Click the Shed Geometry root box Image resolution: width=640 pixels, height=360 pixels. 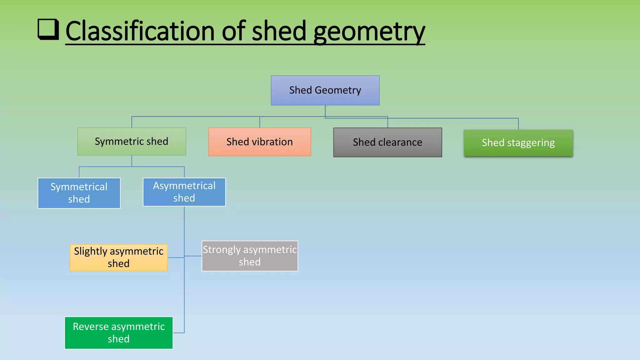coord(325,90)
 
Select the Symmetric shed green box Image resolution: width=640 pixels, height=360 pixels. coord(132,142)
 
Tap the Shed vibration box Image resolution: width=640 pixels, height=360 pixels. coord(259,142)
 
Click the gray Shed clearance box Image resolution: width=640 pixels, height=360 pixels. coord(387,142)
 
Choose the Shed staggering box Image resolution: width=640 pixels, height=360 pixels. coord(518,143)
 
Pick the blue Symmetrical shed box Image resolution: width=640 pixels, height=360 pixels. coord(79,193)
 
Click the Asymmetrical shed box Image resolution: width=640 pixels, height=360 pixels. coord(184,192)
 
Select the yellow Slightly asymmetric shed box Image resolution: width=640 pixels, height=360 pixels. coord(119,257)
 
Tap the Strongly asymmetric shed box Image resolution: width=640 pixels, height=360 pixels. coord(250,256)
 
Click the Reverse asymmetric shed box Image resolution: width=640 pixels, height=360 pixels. coord(119,333)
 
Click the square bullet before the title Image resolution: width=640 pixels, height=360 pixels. coord(48,29)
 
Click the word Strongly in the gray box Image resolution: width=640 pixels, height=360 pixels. coord(222,250)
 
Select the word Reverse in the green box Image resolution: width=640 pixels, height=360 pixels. coord(91,327)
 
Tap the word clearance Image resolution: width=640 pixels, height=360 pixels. coord(400,142)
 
